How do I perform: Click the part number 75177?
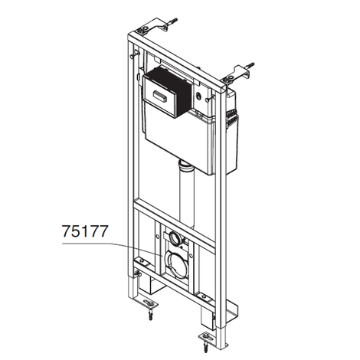point(85,231)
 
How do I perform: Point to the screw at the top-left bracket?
point(172,22)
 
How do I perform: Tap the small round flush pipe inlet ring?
point(176,237)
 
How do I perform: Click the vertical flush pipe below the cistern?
point(188,196)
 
